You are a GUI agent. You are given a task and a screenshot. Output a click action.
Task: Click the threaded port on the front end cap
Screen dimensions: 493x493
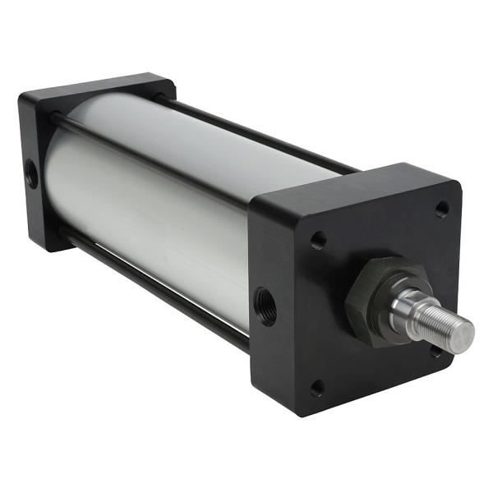pyautogui.click(x=265, y=306)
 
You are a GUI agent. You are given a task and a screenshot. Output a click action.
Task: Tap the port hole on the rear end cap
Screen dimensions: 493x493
pyautogui.click(x=31, y=173)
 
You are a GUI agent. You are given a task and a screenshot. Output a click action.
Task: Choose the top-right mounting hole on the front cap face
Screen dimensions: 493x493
pyautogui.click(x=441, y=208)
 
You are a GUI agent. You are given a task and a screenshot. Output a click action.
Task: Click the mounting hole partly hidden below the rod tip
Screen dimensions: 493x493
pyautogui.click(x=435, y=352)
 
